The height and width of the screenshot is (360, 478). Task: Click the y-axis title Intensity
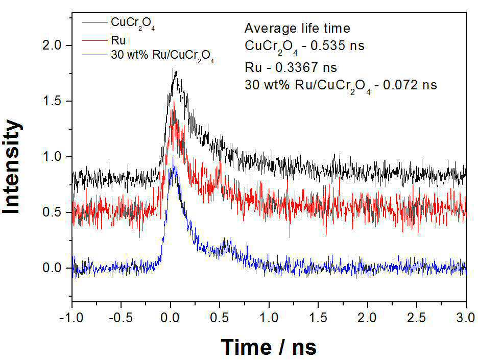[x=12, y=167]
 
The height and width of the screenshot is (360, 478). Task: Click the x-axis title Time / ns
[x=269, y=347]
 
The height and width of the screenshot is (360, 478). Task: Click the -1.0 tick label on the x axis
[x=71, y=318]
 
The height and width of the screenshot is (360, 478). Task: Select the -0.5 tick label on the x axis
[x=121, y=318]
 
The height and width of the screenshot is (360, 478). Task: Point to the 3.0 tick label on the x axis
[x=465, y=318]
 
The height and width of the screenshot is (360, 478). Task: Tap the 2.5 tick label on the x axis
[x=416, y=318]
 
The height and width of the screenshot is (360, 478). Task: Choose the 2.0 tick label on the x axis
[x=367, y=318]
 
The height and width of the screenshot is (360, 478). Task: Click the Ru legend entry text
[x=118, y=40]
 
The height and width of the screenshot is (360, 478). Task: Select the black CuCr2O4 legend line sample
[x=94, y=22]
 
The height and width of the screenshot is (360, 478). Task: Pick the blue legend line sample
[x=94, y=55]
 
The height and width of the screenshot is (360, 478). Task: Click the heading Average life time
[x=297, y=29]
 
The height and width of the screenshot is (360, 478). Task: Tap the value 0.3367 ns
[x=306, y=67]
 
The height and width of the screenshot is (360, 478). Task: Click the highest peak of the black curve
[x=173, y=68]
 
